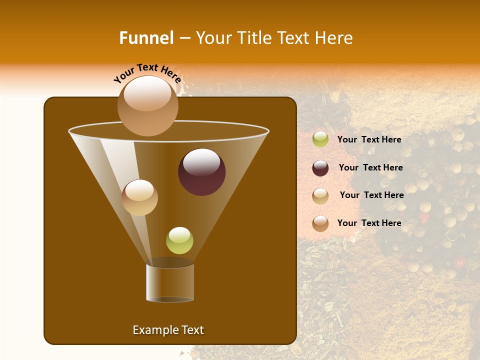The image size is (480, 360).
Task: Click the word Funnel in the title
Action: (x=146, y=38)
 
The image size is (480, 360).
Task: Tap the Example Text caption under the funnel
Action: (x=168, y=330)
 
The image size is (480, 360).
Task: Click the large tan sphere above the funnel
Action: (x=147, y=106)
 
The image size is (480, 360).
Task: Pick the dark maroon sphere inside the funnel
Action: (x=201, y=172)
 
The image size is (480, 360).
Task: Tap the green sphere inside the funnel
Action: (x=179, y=240)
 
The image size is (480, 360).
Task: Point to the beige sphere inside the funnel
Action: (x=139, y=197)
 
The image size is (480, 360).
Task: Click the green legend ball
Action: (x=320, y=139)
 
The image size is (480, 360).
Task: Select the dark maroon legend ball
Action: (x=320, y=168)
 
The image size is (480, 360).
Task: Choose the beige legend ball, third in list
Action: (x=320, y=196)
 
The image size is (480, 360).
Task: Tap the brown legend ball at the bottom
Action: (x=320, y=223)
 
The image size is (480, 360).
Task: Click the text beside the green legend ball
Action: (x=369, y=139)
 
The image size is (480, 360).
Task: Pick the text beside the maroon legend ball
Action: (x=370, y=167)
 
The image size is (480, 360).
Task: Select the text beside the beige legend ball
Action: (x=371, y=195)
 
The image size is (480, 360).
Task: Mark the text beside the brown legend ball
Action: (x=369, y=223)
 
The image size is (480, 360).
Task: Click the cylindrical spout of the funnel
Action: (x=169, y=282)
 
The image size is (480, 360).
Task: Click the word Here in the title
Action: (x=334, y=38)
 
